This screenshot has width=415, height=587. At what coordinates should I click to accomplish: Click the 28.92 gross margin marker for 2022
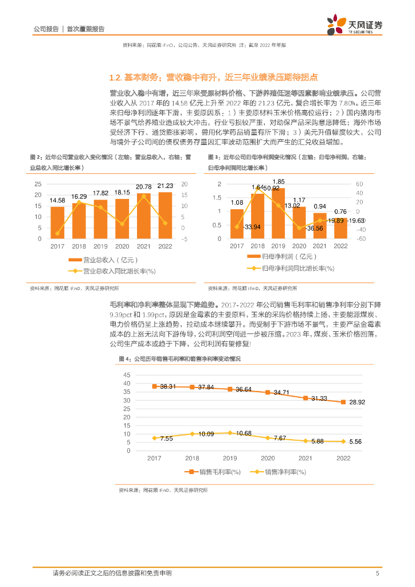(343, 402)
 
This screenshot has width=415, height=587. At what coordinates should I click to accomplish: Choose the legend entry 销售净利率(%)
(279, 472)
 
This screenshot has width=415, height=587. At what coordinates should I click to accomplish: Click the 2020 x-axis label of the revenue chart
(122, 246)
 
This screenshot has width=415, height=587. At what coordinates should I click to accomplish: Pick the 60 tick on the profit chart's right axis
(360, 184)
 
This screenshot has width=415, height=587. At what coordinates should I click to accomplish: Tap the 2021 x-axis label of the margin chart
(305, 459)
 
